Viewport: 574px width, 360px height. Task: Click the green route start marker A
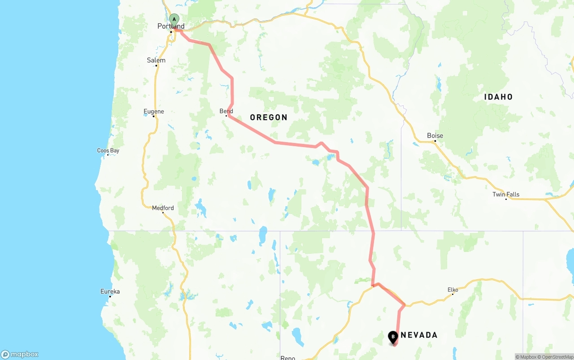pyautogui.click(x=174, y=19)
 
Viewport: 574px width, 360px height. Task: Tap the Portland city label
pyautogui.click(x=171, y=26)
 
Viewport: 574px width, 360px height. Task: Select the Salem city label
pyautogui.click(x=156, y=60)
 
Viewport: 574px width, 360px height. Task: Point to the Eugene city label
pyautogui.click(x=154, y=111)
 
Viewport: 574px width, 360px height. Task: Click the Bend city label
pyautogui.click(x=226, y=111)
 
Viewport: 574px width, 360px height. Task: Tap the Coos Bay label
pyautogui.click(x=108, y=151)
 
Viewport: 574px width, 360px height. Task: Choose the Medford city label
pyautogui.click(x=163, y=208)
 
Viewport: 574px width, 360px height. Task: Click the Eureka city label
pyautogui.click(x=110, y=292)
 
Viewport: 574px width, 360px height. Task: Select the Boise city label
pyautogui.click(x=435, y=135)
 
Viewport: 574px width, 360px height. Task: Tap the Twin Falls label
pyautogui.click(x=506, y=194)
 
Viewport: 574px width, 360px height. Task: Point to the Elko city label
pyautogui.click(x=453, y=290)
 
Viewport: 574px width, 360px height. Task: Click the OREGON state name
pyautogui.click(x=269, y=117)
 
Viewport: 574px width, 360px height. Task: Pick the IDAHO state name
pyautogui.click(x=498, y=97)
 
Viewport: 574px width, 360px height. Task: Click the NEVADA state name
pyautogui.click(x=419, y=335)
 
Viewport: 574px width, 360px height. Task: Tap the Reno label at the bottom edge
pyautogui.click(x=288, y=357)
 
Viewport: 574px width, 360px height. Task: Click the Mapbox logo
pyautogui.click(x=20, y=355)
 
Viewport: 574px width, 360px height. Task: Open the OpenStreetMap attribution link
pyautogui.click(x=557, y=357)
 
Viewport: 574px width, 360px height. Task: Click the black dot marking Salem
pyautogui.click(x=157, y=66)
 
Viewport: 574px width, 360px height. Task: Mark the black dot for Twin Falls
pyautogui.click(x=506, y=199)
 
